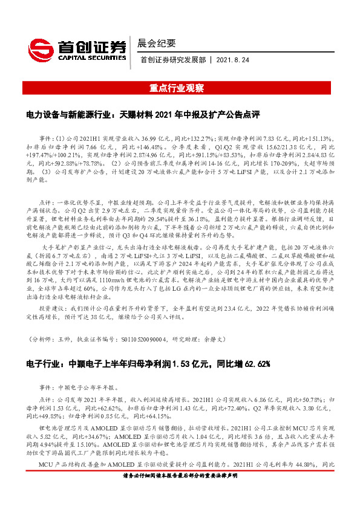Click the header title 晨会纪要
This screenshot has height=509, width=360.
click(x=156, y=43)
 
